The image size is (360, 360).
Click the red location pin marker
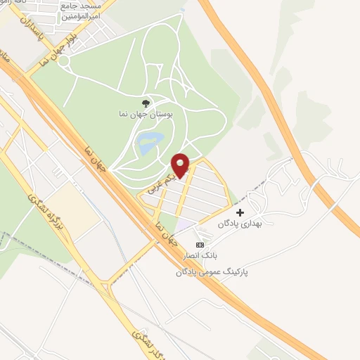click(x=181, y=165)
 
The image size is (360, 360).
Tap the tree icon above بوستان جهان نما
click(x=146, y=103)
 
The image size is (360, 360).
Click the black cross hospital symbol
click(x=240, y=212)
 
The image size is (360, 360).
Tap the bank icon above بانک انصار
click(x=200, y=245)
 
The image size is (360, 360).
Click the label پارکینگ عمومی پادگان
click(x=214, y=270)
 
